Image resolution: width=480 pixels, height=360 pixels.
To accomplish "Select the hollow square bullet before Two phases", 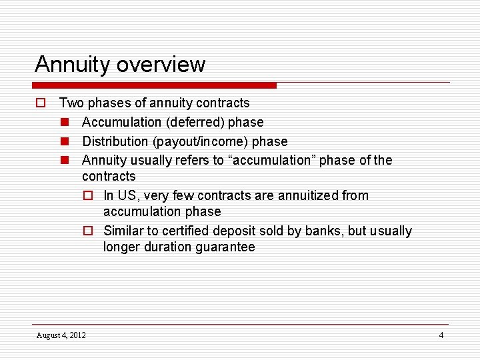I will pyautogui.click(x=40, y=103).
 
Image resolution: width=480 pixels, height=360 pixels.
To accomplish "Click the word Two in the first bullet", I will pyautogui.click(x=71, y=103).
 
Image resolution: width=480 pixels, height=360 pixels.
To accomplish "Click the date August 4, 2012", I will pyautogui.click(x=61, y=335).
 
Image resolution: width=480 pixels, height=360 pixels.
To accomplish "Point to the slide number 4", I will pyautogui.click(x=441, y=335).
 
